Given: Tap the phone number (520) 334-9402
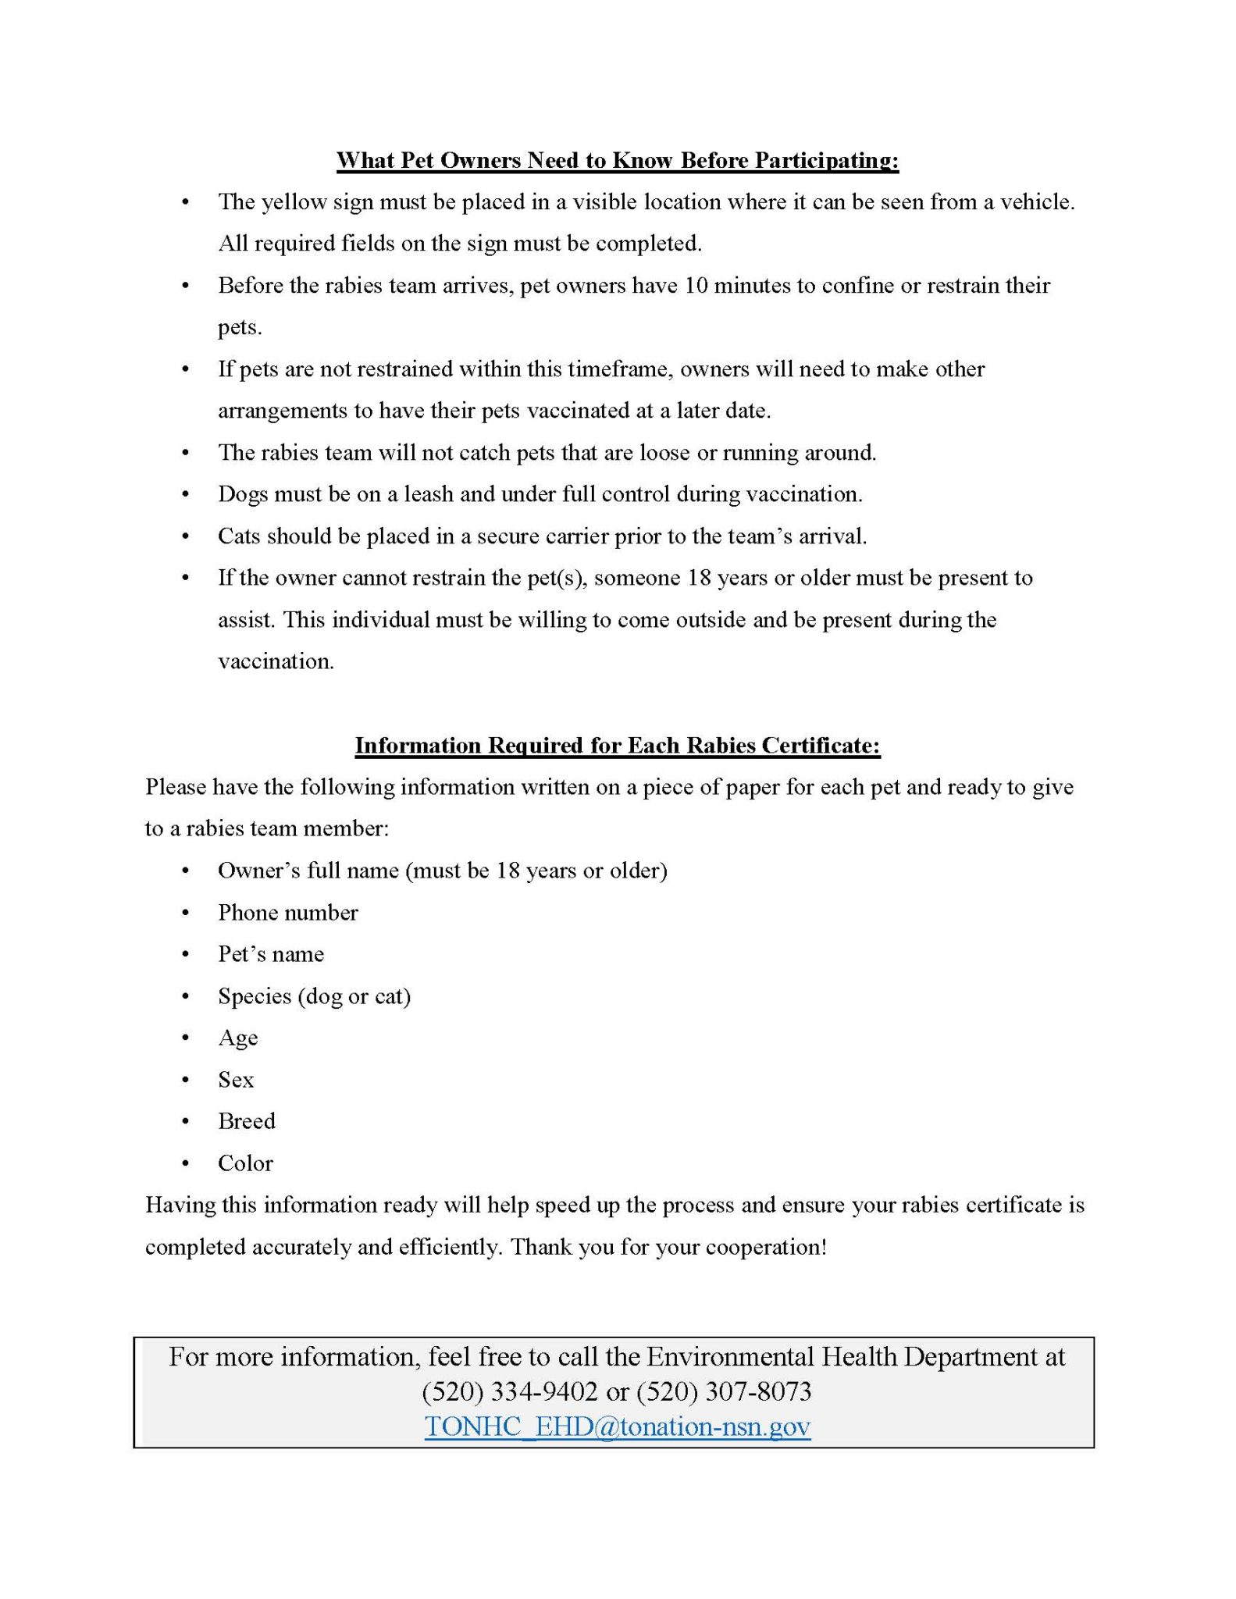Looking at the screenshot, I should (510, 1391).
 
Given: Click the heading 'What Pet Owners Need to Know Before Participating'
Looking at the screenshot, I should (618, 160).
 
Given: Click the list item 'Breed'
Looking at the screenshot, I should (247, 1121).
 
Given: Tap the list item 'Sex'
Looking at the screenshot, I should (236, 1079).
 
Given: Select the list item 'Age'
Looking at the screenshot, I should (237, 1038).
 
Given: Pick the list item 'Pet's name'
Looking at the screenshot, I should (270, 954).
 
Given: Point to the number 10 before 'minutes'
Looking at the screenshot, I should (696, 285).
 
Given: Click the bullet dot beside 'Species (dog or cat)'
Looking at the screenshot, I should (185, 996).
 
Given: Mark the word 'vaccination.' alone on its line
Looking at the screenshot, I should (276, 661).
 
